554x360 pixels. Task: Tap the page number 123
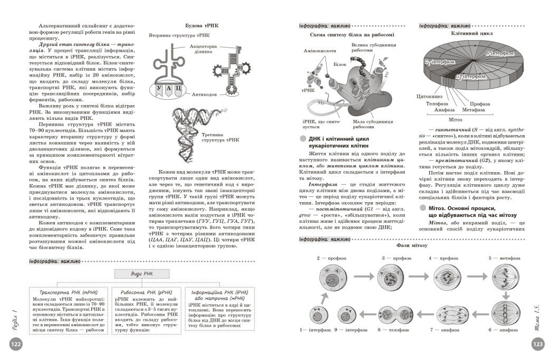pyautogui.click(x=538, y=345)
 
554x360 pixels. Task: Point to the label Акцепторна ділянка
pyautogui.click(x=202, y=50)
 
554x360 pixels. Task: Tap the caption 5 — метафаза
pyautogui.click(x=504, y=258)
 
